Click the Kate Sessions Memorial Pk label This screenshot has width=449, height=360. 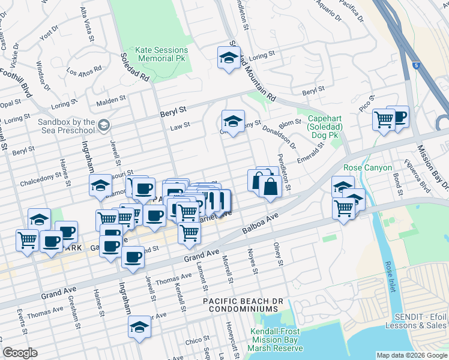[162, 55]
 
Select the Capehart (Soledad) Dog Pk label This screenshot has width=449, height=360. [325, 128]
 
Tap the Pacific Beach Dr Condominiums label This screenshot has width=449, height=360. [240, 304]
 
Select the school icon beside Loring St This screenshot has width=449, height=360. [228, 58]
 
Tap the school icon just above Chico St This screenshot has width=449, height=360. [139, 327]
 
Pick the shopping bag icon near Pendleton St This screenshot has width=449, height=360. [270, 187]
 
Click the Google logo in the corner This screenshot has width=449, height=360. [20, 353]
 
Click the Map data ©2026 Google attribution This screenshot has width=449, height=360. [411, 355]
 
